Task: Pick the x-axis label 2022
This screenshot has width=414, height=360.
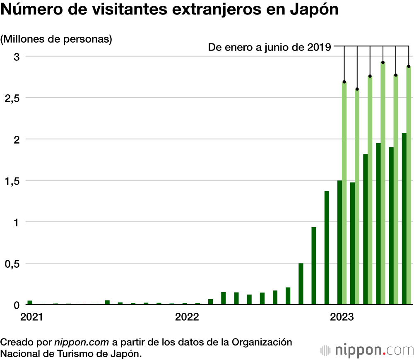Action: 187,317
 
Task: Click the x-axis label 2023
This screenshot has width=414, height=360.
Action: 342,317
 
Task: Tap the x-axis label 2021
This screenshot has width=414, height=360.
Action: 32,317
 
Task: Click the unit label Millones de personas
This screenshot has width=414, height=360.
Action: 57,39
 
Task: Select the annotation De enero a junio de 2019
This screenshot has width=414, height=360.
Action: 269,48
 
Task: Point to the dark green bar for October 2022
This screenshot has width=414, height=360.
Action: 301,283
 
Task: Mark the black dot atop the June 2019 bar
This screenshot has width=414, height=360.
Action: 409,66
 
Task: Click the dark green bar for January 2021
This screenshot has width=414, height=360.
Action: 30,302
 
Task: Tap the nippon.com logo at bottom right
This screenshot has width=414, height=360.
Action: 367,350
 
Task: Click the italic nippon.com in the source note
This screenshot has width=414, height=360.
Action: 82,343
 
